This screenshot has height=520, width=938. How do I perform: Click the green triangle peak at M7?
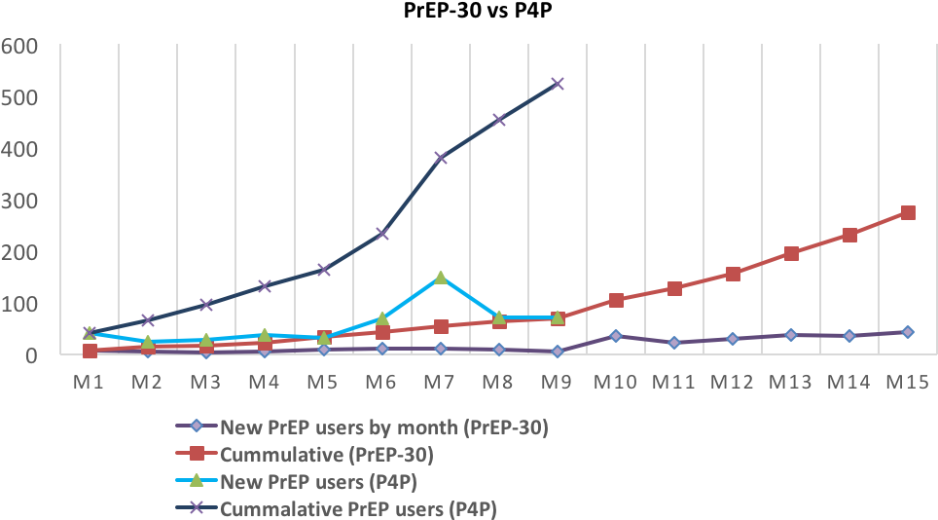(x=441, y=278)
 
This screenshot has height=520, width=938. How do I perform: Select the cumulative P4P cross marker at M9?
(x=558, y=84)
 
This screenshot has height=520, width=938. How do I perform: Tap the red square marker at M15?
(x=908, y=212)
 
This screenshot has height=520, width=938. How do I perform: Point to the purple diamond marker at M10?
(x=616, y=336)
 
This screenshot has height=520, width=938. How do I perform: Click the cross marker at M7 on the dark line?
(x=441, y=157)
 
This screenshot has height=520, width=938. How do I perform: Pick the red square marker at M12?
(x=733, y=274)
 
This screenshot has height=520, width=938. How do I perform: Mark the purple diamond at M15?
(x=908, y=332)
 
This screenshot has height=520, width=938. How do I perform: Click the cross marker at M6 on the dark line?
(x=382, y=234)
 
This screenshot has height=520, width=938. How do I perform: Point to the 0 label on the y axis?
(x=31, y=355)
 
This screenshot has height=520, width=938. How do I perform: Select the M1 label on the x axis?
(x=90, y=382)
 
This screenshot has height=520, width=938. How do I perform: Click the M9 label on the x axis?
(x=557, y=382)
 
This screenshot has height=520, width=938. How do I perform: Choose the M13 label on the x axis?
(x=790, y=382)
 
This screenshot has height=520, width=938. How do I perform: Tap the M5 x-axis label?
(x=323, y=382)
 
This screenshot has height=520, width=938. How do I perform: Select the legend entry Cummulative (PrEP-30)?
(x=326, y=454)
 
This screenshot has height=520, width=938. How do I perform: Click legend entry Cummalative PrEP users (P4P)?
(x=358, y=507)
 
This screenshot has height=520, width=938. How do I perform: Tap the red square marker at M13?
(x=791, y=253)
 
